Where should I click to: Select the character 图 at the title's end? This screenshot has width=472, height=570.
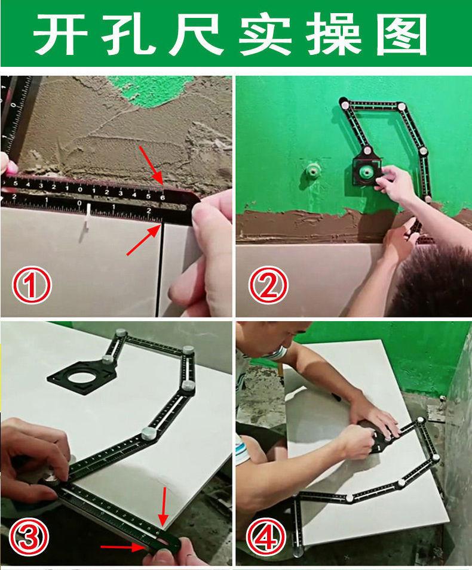(x=401, y=35)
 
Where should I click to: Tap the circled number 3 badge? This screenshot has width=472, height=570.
(x=29, y=537)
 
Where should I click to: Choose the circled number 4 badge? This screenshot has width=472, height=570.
(x=266, y=537)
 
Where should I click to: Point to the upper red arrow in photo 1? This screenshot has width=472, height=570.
(x=151, y=165)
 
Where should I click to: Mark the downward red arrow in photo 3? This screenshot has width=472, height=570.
(x=163, y=506)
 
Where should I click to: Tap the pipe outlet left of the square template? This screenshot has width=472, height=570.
(x=312, y=171)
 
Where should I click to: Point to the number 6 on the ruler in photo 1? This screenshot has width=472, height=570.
(x=163, y=198)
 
